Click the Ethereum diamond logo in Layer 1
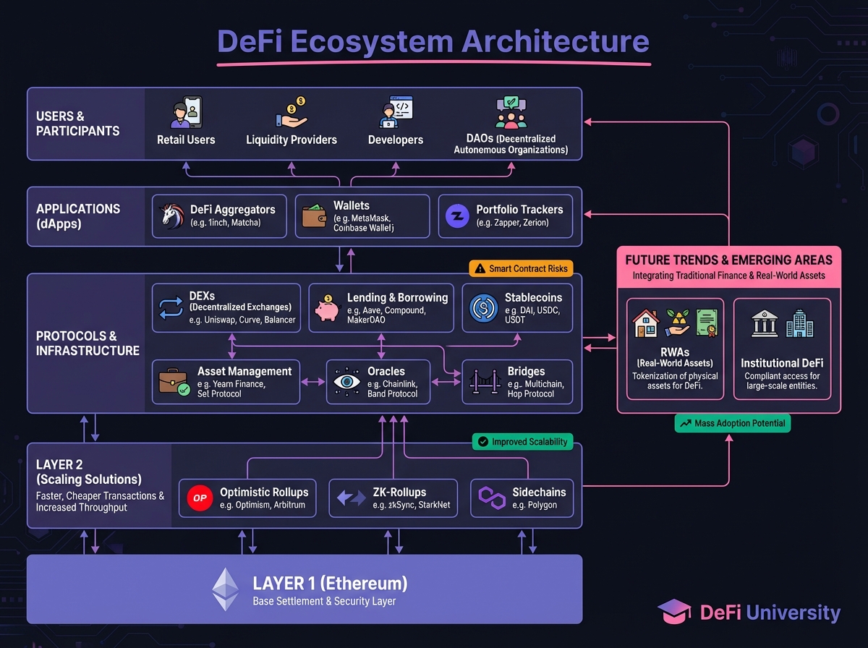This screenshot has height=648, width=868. pos(225,589)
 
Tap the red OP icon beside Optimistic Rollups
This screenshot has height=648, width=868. pos(199,498)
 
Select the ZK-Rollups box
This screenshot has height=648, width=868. pos(393,498)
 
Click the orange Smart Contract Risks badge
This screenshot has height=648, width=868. pos(522,268)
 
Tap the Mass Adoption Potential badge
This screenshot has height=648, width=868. pos(732,423)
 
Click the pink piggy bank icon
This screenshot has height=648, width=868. pos(328,308)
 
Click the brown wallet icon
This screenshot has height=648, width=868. pos(314,216)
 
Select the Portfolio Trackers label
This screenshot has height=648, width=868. pos(519,210)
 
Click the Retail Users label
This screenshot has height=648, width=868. pos(186,140)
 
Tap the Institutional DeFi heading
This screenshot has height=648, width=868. pos(782,362)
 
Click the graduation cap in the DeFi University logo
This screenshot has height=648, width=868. pos(674,612)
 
